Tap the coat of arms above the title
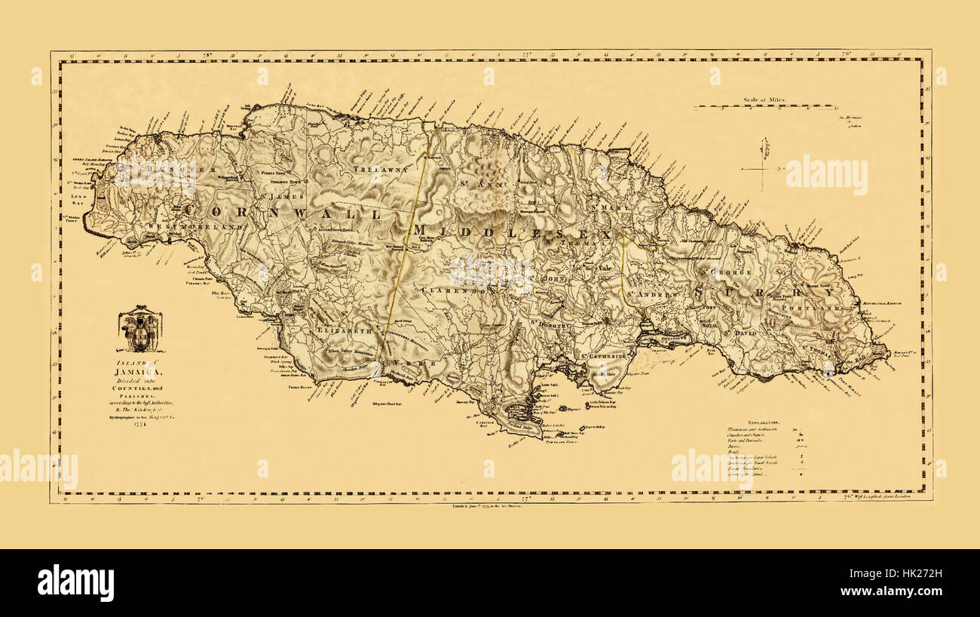[140, 329]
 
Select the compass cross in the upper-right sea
[763, 164]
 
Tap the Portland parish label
[810, 308]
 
